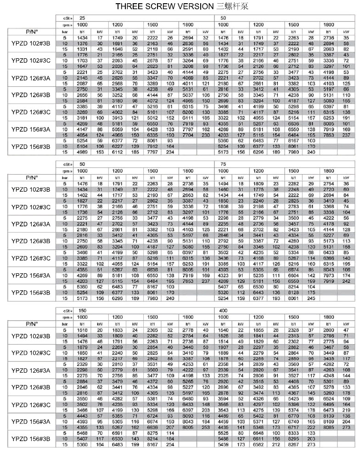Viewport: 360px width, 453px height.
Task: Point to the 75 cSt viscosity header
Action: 223,164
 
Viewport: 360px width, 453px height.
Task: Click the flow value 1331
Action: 82,48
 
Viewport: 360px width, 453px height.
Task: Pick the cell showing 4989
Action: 82,152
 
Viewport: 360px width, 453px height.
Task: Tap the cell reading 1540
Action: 224,330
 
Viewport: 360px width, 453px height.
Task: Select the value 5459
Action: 224,445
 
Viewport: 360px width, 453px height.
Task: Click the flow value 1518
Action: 82,330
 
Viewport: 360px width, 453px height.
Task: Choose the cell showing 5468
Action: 82,433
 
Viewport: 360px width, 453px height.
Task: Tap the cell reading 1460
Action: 224,189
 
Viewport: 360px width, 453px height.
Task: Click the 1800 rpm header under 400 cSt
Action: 329,317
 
